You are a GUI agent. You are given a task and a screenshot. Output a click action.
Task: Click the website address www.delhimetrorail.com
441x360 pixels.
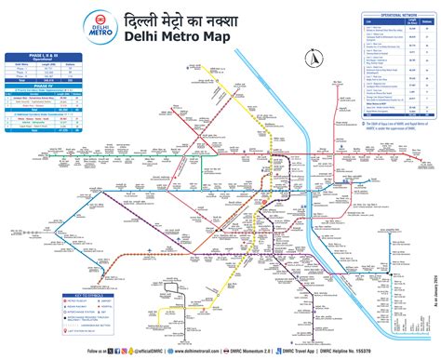206,352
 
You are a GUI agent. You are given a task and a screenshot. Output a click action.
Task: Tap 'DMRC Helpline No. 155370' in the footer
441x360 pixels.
372,352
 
